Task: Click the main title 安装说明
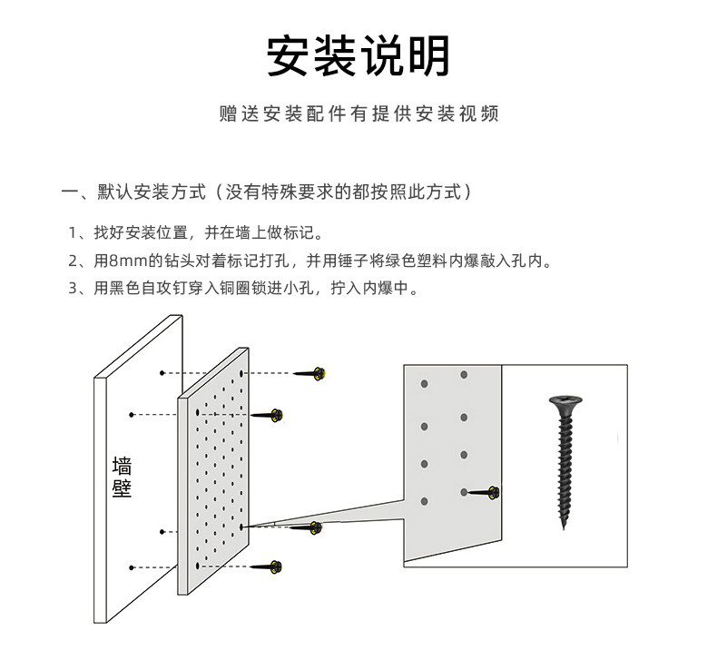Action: click(358, 56)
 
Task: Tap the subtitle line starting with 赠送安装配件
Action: click(358, 115)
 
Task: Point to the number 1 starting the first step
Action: click(73, 231)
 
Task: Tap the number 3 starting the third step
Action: click(73, 290)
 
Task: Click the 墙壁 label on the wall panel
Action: click(122, 478)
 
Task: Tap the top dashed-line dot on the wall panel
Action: click(162, 373)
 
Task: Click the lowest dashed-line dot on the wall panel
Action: click(133, 566)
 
